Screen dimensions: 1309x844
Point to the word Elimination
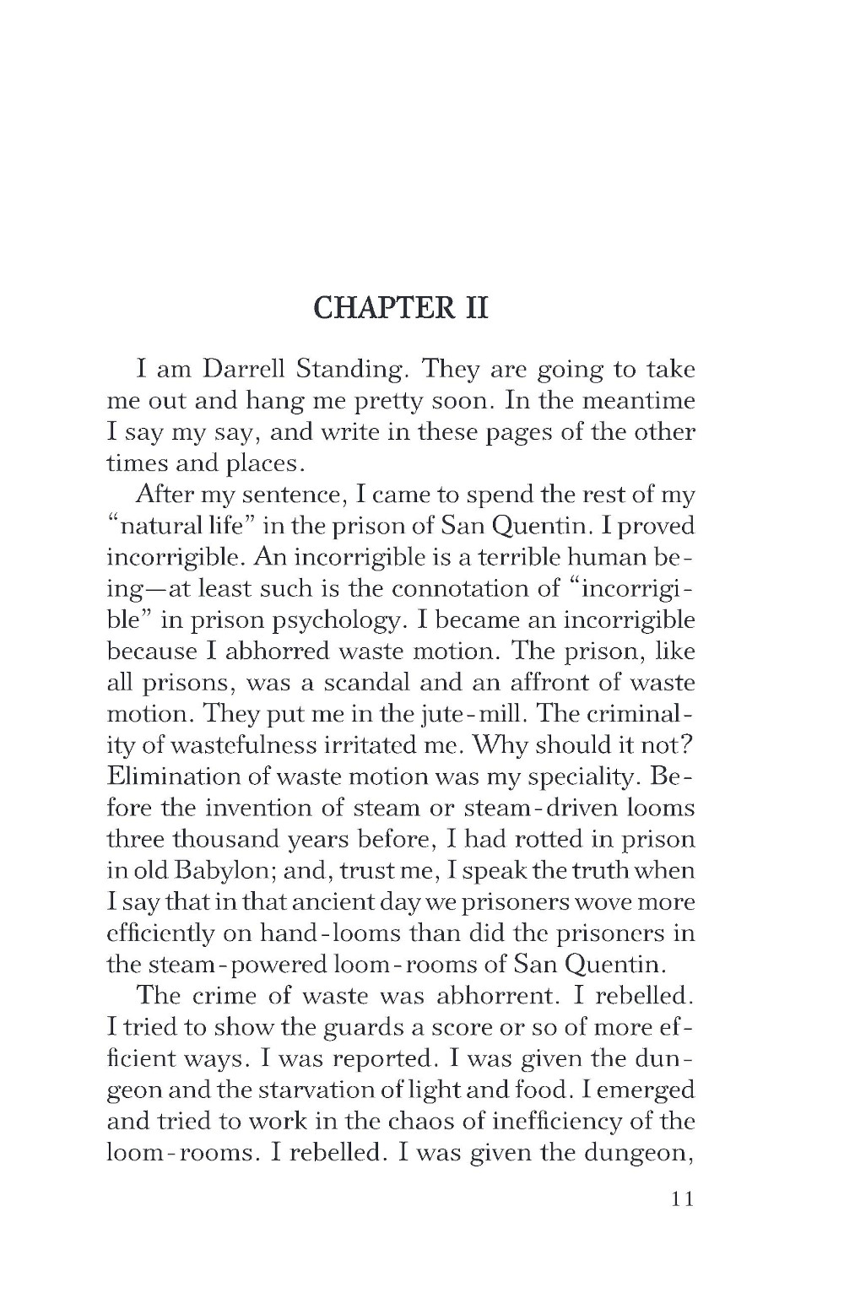tap(180, 776)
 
